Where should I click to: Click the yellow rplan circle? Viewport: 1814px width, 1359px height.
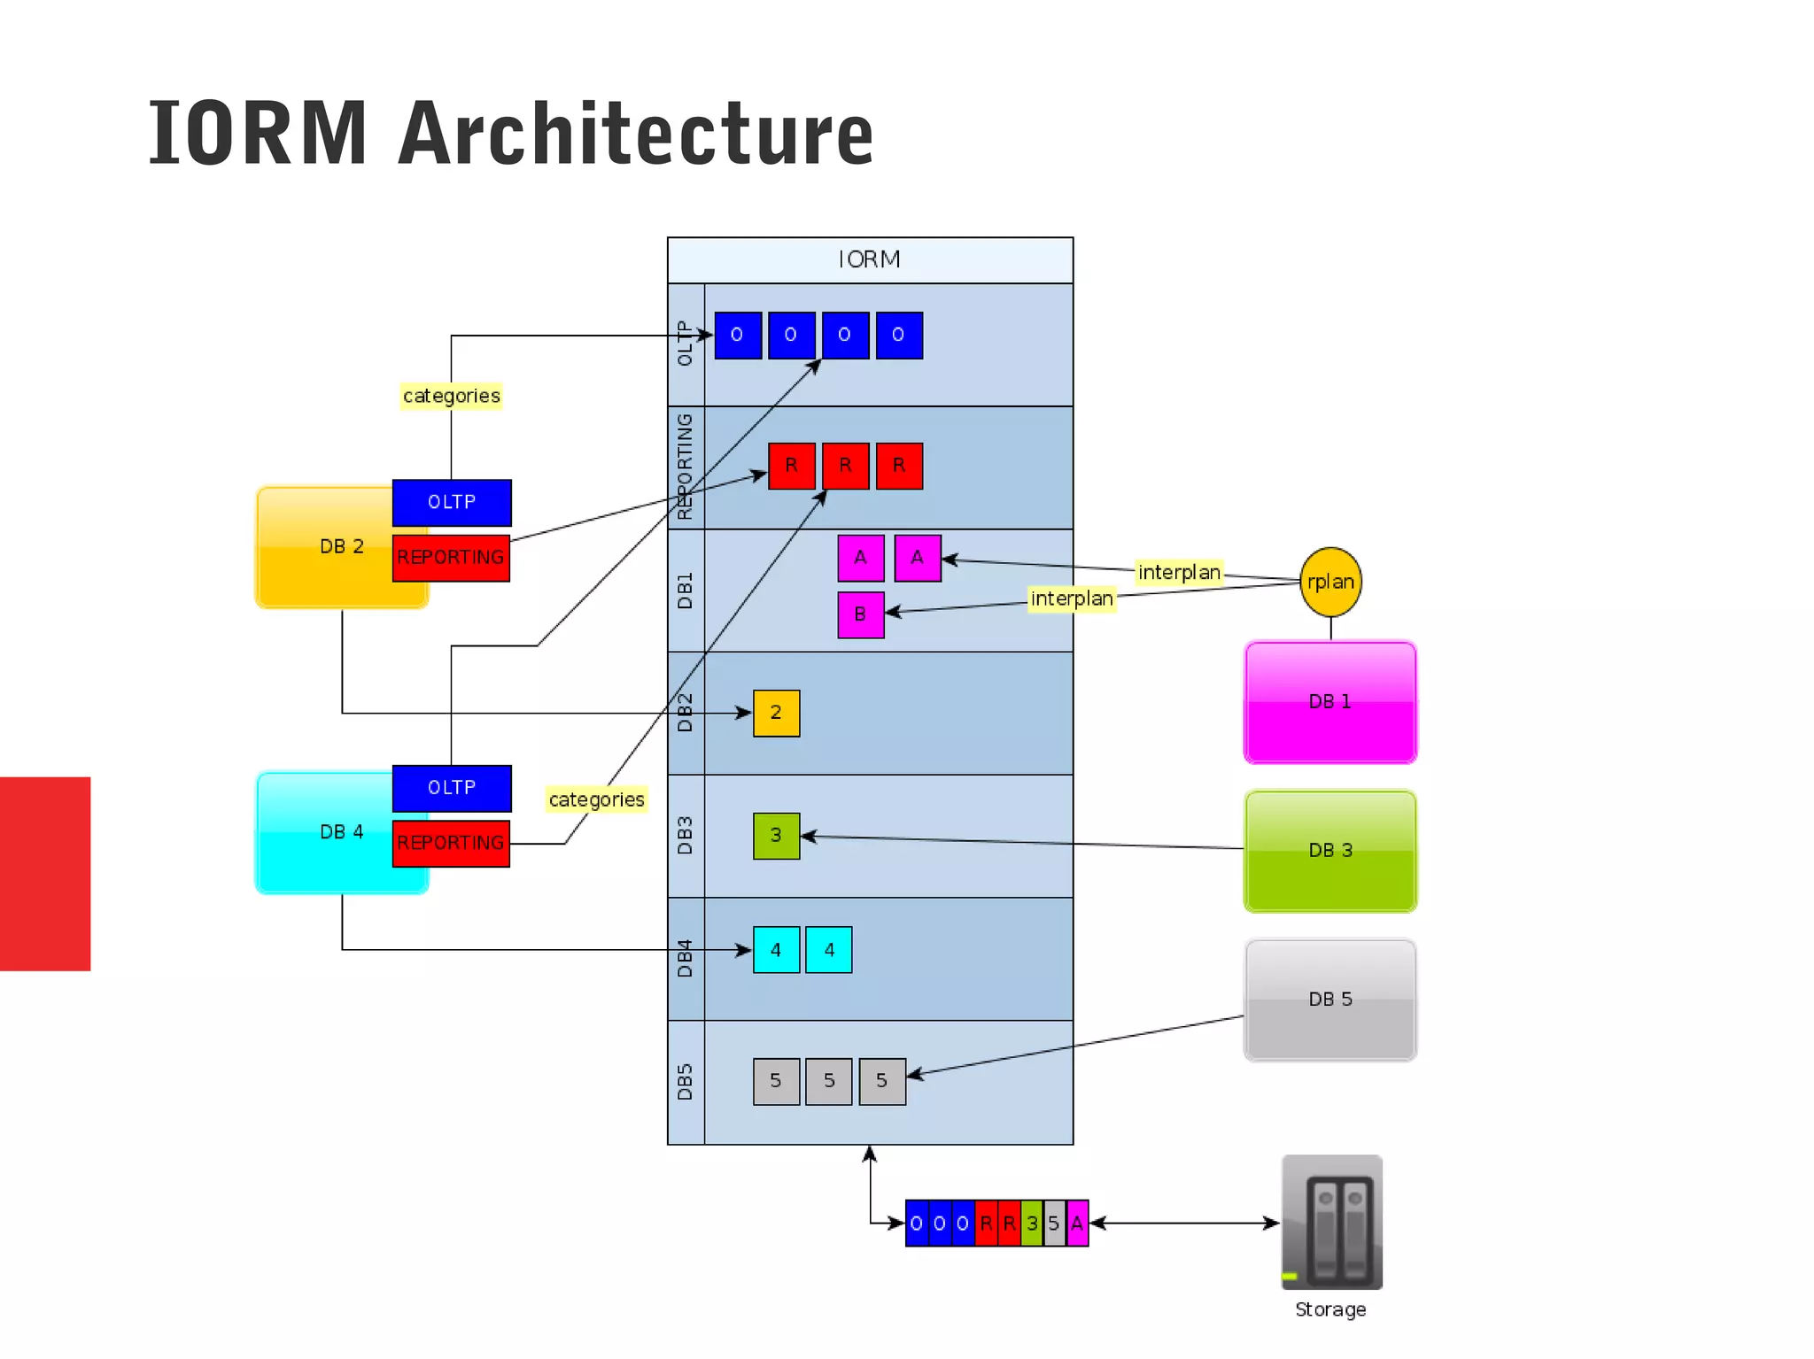point(1329,582)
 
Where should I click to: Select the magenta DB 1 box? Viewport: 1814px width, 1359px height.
point(1329,702)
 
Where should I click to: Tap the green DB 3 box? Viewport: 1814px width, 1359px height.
point(1329,851)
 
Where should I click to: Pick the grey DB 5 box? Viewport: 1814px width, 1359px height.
point(1329,1000)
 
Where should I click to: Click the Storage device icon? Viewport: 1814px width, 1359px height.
point(1331,1222)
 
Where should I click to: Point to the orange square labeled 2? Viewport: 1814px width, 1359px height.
point(776,713)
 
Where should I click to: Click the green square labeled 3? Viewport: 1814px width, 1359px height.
point(776,836)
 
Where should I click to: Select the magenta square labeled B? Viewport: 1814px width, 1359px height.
point(860,614)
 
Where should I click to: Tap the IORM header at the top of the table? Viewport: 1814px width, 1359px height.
point(869,259)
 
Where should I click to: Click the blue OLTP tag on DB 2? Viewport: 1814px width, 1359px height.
point(452,502)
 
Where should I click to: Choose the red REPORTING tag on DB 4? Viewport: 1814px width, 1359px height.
point(451,843)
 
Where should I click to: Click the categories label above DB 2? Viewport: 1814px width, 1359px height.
point(451,396)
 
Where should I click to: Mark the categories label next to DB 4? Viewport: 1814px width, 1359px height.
point(596,799)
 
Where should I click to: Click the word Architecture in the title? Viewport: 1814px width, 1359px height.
point(635,135)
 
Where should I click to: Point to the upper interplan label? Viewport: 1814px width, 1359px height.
point(1178,573)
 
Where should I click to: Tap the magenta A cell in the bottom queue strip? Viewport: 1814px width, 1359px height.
point(1077,1224)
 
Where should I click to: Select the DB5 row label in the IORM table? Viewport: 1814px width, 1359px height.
point(686,1082)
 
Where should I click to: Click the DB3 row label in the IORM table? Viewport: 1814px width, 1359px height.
point(686,836)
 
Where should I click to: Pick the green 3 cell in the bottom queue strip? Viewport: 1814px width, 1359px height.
point(1031,1224)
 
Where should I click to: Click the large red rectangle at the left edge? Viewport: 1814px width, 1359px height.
point(45,873)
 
